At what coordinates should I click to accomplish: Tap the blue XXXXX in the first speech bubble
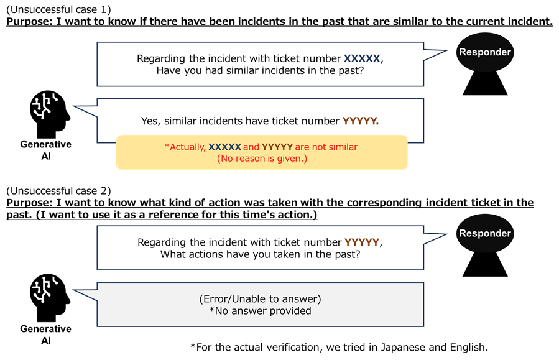click(x=362, y=58)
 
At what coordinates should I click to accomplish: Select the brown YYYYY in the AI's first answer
click(x=360, y=121)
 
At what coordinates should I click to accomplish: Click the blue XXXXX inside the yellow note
click(x=224, y=147)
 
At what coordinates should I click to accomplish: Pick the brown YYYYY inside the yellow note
click(x=277, y=147)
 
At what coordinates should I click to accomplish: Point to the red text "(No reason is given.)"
click(x=262, y=159)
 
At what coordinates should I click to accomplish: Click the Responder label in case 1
click(x=484, y=52)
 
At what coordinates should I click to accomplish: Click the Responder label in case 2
click(x=484, y=234)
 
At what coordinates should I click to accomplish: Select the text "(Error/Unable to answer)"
click(x=260, y=299)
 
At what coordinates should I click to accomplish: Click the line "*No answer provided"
click(x=260, y=311)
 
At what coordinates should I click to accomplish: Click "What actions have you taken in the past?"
click(x=260, y=254)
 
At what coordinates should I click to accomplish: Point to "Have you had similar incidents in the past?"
click(x=260, y=71)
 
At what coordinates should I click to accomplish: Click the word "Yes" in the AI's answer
click(x=149, y=121)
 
